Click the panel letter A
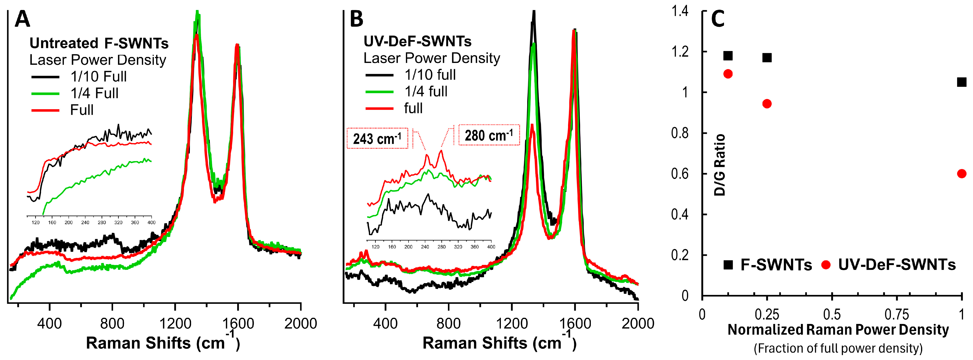pyautogui.click(x=22, y=19)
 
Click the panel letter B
pyautogui.click(x=356, y=19)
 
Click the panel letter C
pyautogui.click(x=718, y=19)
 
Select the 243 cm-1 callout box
pyautogui.click(x=377, y=139)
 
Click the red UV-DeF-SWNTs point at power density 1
pyautogui.click(x=962, y=174)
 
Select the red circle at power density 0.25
pyautogui.click(x=767, y=104)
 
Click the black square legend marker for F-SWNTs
pyautogui.click(x=728, y=265)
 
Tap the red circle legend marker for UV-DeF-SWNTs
pyautogui.click(x=826, y=265)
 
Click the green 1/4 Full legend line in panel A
pyautogui.click(x=45, y=93)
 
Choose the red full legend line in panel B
pyautogui.click(x=379, y=109)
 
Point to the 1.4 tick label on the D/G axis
pyautogui.click(x=680, y=11)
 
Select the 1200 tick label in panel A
pyautogui.click(x=175, y=324)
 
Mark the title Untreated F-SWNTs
pyautogui.click(x=99, y=43)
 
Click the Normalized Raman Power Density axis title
pyautogui.click(x=838, y=330)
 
